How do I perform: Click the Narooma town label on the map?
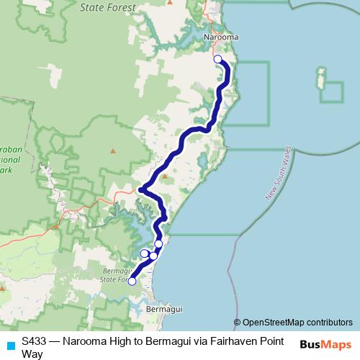pos(221,37)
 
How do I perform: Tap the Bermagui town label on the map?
pos(161,308)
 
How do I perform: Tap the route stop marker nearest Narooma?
pos(218,59)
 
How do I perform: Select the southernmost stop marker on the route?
pos(132,282)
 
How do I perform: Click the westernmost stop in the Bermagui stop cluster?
pos(144,253)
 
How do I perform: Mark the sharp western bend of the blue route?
pos(141,190)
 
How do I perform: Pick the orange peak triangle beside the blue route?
pos(164,176)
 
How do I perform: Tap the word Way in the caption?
pos(32,354)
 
